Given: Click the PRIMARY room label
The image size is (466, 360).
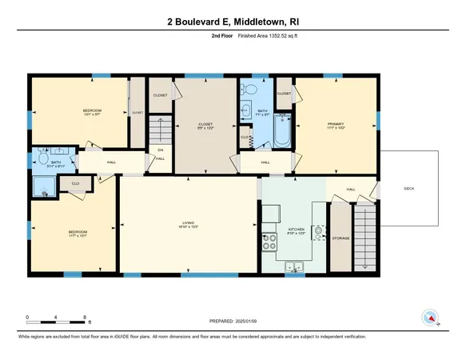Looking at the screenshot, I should [x=335, y=124].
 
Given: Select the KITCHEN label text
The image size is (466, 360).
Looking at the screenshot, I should [x=296, y=229].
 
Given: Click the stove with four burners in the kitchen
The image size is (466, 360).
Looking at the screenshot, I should [x=270, y=237].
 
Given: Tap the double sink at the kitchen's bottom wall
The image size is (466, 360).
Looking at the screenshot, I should [x=294, y=266].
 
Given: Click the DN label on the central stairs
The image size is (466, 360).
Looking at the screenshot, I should [x=160, y=150].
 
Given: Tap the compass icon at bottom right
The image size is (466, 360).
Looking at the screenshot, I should [x=430, y=318].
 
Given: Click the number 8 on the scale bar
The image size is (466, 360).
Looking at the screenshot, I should [x=85, y=318].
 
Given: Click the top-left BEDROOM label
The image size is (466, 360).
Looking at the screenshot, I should [x=92, y=110].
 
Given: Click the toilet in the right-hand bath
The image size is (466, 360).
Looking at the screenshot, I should [x=253, y=90].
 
